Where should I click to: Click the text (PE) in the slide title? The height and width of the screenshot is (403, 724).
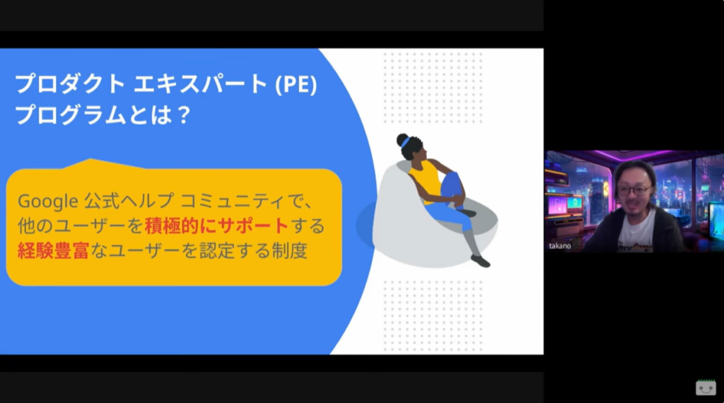tap(296, 84)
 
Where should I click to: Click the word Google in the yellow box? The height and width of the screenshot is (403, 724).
tap(48, 201)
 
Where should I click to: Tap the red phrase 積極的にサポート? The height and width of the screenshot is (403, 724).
tap(216, 226)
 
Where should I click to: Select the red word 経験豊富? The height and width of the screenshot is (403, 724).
tap(53, 251)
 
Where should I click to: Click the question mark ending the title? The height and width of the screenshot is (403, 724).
tap(183, 115)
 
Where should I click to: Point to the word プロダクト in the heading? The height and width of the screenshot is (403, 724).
tap(70, 84)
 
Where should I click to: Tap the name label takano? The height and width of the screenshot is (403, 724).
tap(560, 246)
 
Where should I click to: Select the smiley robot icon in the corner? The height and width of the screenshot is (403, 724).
tap(706, 387)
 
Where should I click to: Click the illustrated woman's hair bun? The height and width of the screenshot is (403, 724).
tap(402, 139)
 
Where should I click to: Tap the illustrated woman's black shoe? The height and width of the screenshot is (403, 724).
tap(480, 262)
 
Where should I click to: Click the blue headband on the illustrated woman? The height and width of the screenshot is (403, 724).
tap(405, 142)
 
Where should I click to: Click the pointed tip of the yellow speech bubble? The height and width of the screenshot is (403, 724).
tap(90, 159)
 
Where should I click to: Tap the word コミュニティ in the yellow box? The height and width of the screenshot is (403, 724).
tap(232, 201)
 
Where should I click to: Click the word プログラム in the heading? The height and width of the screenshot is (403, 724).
tap(70, 115)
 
